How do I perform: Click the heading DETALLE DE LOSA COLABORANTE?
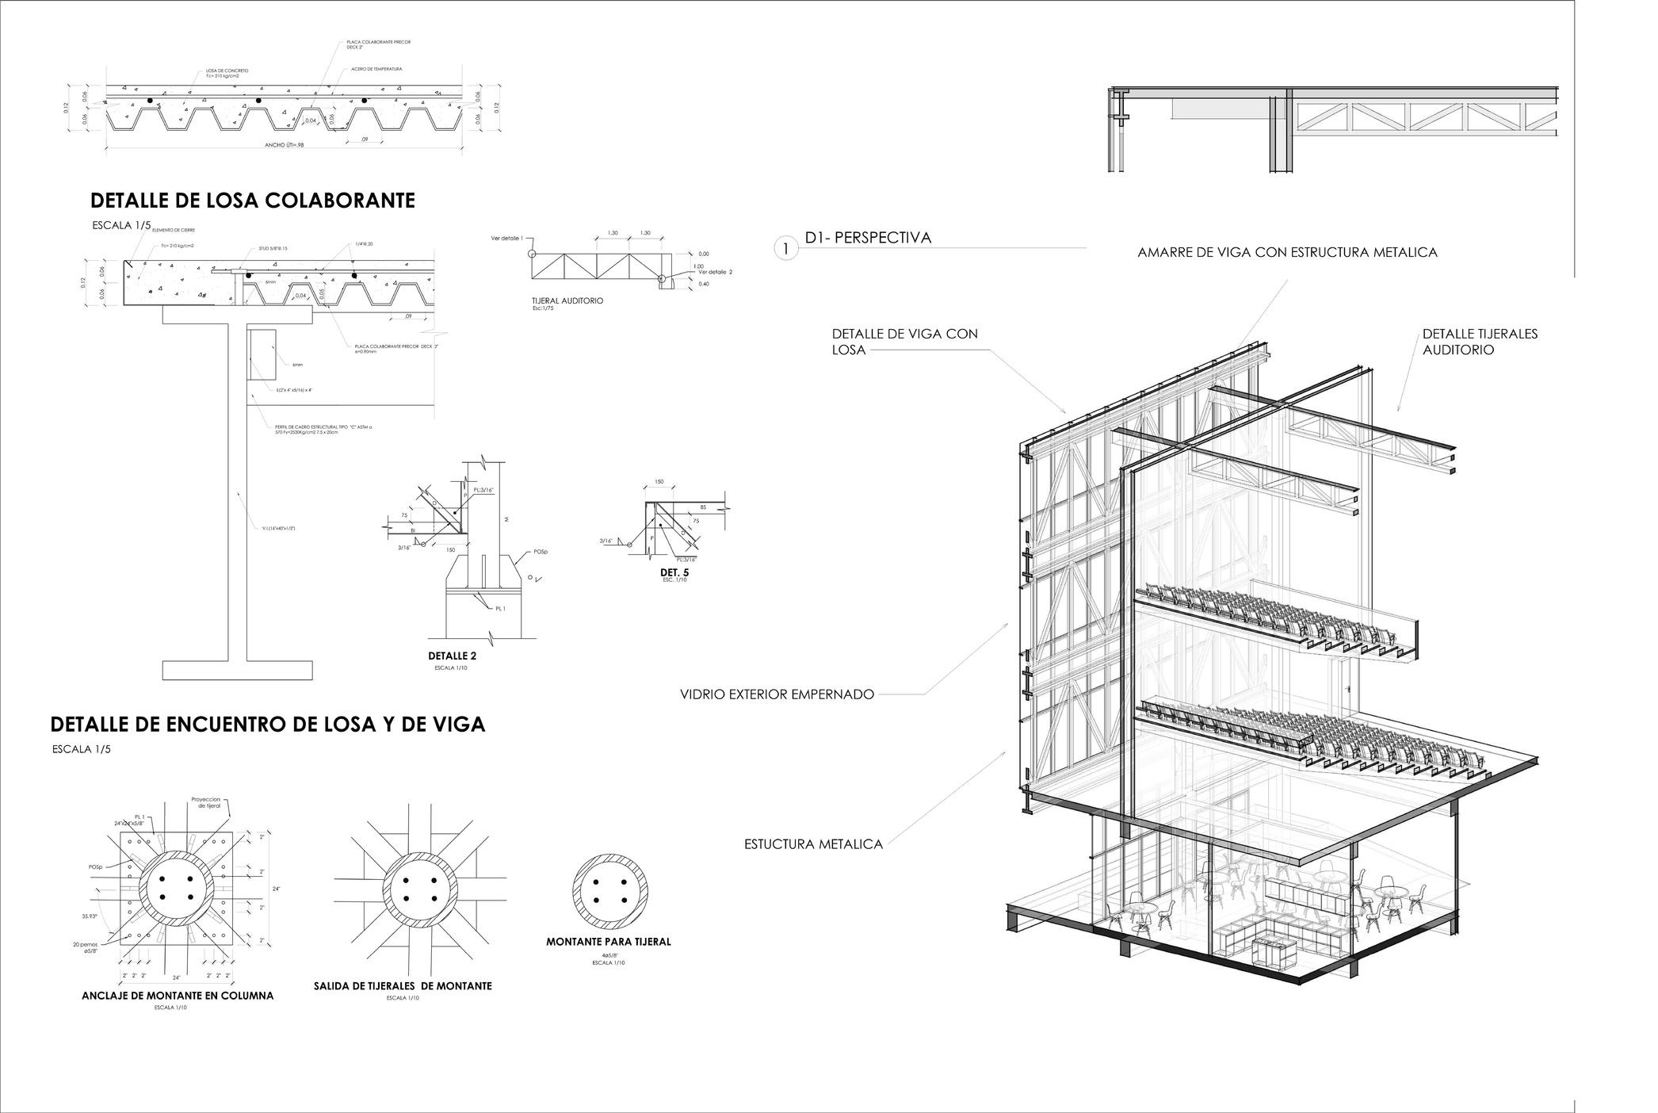[x=252, y=201]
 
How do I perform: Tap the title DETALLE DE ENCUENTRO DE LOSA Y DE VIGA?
[x=267, y=724]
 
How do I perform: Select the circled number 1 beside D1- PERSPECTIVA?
[x=785, y=249]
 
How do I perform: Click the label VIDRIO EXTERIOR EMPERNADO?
[x=777, y=694]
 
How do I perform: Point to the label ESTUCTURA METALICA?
[x=813, y=844]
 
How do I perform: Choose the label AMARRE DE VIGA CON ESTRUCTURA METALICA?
[x=1287, y=253]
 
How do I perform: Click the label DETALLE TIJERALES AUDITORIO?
[x=1479, y=342]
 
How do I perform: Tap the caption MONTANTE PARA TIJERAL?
[x=608, y=942]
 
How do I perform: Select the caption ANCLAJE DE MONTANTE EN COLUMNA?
[x=178, y=996]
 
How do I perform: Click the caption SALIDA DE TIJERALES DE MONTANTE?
[x=402, y=986]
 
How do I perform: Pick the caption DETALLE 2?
[x=452, y=656]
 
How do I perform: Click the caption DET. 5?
[x=674, y=572]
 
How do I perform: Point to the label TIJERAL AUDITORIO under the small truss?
[x=567, y=301]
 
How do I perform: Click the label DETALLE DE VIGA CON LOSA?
[x=904, y=342]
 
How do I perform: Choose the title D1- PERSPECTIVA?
[x=868, y=238]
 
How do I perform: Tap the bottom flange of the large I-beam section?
[x=237, y=670]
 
